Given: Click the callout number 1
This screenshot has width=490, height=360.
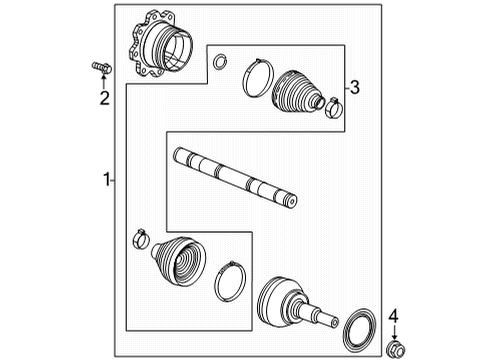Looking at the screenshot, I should tap(105, 180).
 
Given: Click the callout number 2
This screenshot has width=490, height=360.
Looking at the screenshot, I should tap(103, 97).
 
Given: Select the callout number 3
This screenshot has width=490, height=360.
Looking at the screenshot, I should tap(352, 86).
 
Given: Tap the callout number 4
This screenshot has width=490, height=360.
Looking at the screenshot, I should tap(393, 317).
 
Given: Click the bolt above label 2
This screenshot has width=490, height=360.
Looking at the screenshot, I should tap(101, 67).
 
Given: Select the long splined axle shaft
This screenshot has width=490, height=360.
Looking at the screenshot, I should tap(235, 178).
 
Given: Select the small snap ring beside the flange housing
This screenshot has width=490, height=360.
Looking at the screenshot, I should tap(219, 63).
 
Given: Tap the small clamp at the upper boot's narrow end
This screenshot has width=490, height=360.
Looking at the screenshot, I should tap(333, 103).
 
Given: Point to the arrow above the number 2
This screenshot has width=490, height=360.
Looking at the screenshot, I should tap(103, 81).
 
